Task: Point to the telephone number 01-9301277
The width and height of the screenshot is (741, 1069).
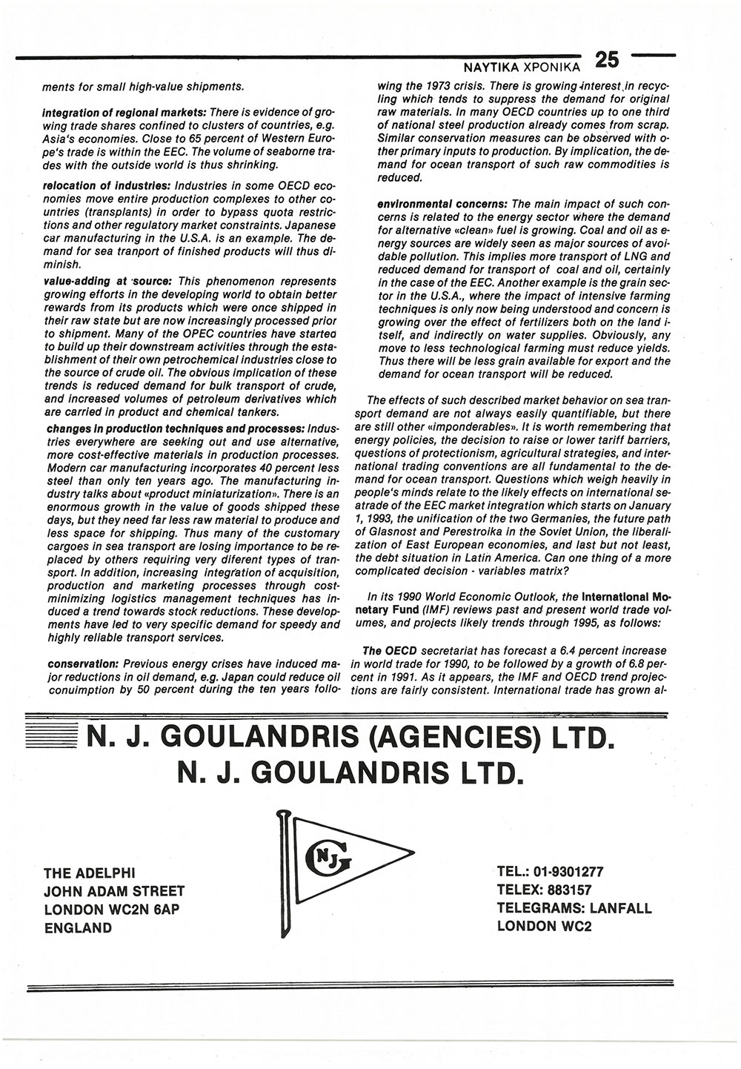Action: coord(578,873)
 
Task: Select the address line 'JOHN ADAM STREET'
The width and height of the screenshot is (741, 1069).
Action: coord(115,891)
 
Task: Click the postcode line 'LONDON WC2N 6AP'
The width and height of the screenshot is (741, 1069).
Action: coord(112,910)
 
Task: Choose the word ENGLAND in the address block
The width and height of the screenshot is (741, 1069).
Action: coord(79,928)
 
